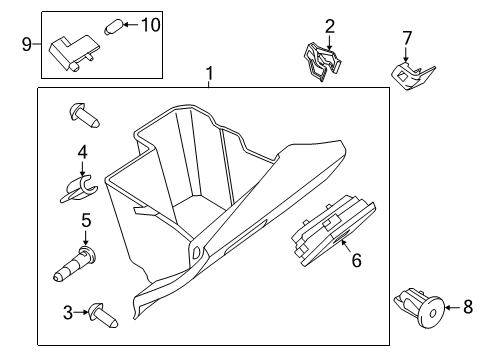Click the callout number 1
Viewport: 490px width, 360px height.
209,73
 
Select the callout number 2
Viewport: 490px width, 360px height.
329,26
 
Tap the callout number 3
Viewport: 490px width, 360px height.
69,313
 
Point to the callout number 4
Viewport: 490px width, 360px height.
83,152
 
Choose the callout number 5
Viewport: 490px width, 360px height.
86,220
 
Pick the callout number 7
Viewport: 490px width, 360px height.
407,38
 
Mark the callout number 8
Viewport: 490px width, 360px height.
468,308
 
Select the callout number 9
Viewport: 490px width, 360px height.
28,43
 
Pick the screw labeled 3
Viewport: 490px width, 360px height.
103,314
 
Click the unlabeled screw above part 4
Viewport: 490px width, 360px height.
83,116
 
